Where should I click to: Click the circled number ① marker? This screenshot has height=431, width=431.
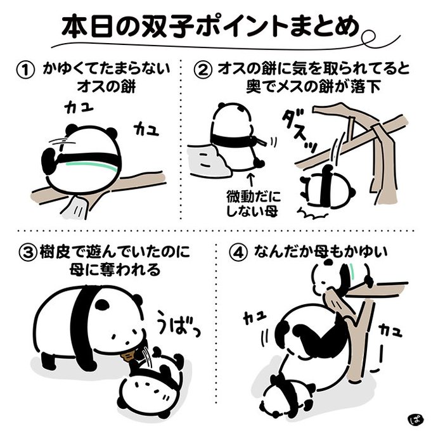26,70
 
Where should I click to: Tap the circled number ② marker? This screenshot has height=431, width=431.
203,70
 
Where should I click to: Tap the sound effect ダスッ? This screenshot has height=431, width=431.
300,131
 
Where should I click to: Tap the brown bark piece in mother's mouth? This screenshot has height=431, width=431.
127,356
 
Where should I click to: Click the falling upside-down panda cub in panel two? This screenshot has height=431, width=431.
327,186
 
